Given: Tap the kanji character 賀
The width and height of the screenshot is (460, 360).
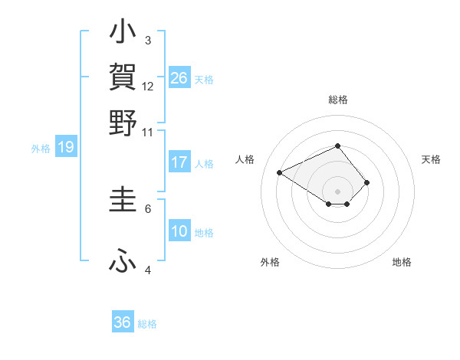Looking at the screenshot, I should [x=123, y=77].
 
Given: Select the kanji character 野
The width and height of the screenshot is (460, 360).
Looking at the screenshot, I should [x=123, y=123].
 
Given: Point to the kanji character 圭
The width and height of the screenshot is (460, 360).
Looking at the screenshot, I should [x=123, y=200].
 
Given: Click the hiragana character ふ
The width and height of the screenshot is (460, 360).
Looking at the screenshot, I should [x=123, y=262].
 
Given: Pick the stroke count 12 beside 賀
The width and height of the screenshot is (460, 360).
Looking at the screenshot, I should [x=148, y=87].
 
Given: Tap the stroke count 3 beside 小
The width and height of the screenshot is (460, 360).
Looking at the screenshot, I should [x=148, y=40].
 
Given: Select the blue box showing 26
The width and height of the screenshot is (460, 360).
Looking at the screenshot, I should [x=179, y=78].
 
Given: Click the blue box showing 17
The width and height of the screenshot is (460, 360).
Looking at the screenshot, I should [x=179, y=162].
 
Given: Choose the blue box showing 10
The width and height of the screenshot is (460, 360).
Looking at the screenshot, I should [x=179, y=231].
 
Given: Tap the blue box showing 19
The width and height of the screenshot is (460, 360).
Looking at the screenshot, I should [x=66, y=147].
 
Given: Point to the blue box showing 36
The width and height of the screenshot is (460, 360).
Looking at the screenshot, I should [x=123, y=322].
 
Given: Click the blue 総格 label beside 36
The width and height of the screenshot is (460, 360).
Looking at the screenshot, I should [x=147, y=324].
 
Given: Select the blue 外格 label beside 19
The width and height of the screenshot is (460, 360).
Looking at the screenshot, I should [x=41, y=149].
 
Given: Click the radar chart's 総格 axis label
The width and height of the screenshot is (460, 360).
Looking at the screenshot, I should [x=338, y=100].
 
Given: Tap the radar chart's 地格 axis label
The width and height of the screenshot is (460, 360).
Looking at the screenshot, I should [x=402, y=263].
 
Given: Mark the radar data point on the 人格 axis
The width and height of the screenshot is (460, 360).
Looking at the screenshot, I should [x=280, y=172].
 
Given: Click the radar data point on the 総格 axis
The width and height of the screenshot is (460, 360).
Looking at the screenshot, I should [x=338, y=146].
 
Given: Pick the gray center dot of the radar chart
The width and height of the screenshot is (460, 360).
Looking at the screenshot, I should [x=338, y=191].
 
